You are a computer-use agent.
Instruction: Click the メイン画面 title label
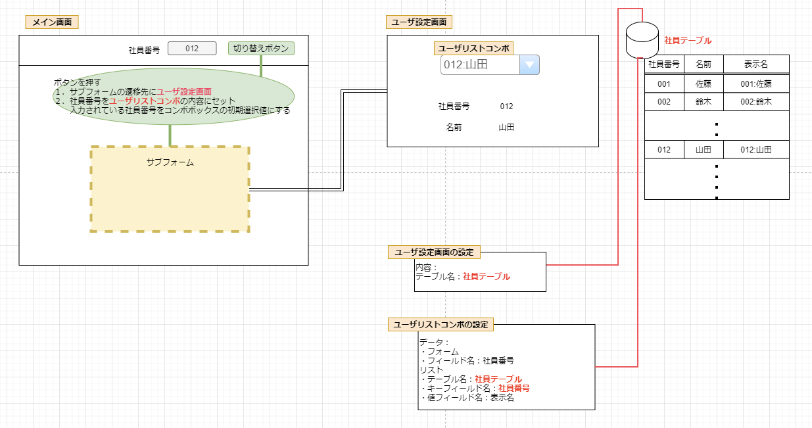click(x=52, y=22)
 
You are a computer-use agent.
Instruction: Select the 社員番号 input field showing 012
click(x=192, y=49)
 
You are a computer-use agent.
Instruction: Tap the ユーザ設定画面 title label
click(x=419, y=22)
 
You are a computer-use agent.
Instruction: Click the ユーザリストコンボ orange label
click(x=473, y=48)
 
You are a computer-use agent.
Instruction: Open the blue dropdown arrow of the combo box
click(x=529, y=64)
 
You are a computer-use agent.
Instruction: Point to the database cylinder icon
click(x=642, y=39)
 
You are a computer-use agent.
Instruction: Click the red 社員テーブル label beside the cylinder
click(x=688, y=41)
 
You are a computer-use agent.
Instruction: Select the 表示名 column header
click(x=755, y=64)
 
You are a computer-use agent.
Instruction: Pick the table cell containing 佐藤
click(x=704, y=84)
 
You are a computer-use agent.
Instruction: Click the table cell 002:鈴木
click(x=755, y=102)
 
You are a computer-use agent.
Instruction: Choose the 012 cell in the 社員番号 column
click(x=664, y=150)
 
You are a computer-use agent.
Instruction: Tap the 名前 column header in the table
click(x=704, y=64)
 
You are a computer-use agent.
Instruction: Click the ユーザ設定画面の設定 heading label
click(x=434, y=252)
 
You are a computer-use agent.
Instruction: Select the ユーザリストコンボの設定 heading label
click(x=441, y=324)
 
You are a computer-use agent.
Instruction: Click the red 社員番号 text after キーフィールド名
click(x=514, y=389)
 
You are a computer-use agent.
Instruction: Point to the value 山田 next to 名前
click(x=506, y=128)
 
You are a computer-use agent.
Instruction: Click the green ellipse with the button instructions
click(x=174, y=96)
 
